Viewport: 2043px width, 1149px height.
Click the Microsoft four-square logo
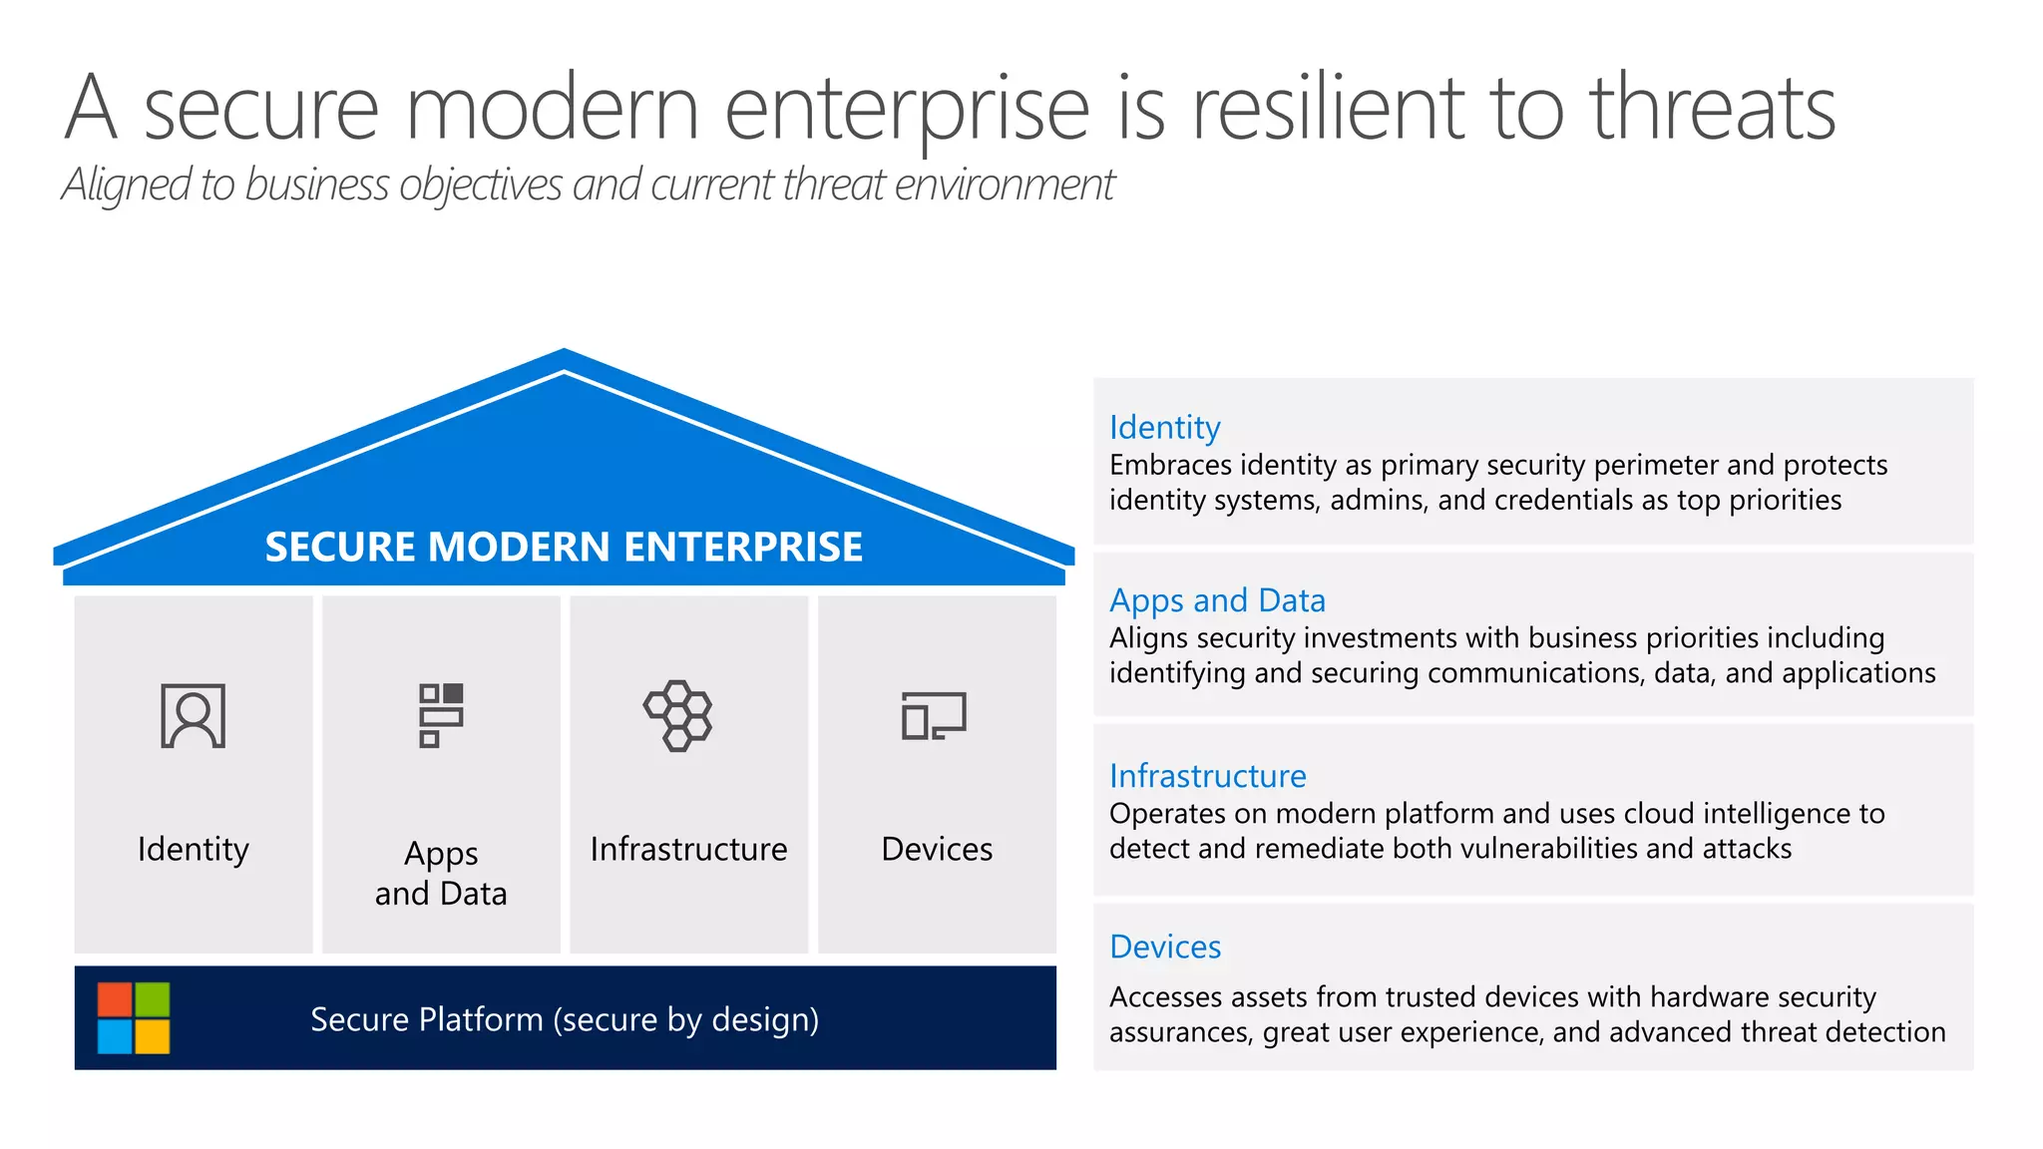click(134, 1017)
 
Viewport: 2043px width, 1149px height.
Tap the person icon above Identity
click(193, 715)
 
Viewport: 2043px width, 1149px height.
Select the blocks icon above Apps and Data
click(441, 714)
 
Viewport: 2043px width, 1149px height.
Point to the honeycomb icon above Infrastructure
click(678, 715)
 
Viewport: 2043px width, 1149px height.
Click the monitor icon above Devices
click(934, 715)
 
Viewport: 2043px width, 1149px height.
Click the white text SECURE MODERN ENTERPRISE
click(564, 547)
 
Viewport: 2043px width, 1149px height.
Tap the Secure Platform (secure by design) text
click(565, 1019)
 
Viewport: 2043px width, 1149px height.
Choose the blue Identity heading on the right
click(1164, 427)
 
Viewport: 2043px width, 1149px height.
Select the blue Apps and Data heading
click(1217, 600)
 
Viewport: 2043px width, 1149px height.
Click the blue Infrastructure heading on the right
click(1207, 776)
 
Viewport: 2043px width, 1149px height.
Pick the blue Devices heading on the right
click(1165, 947)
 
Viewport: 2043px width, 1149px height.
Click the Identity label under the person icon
click(193, 849)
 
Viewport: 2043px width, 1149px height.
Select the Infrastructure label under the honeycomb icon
click(688, 849)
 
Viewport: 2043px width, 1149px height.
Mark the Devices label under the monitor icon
click(937, 849)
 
